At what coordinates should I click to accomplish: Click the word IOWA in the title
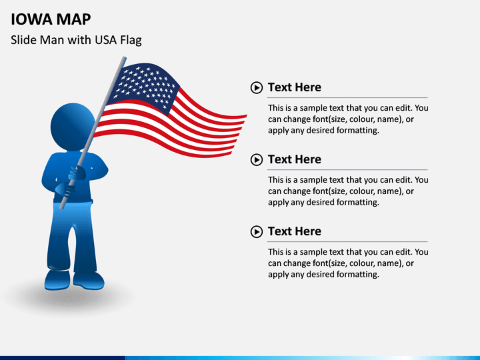tap(31, 19)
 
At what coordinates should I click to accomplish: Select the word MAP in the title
tap(73, 19)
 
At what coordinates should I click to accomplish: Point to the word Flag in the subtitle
tap(131, 41)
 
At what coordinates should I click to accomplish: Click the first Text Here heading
tap(295, 87)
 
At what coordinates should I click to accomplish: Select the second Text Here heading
tap(295, 159)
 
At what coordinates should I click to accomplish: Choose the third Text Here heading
tap(295, 231)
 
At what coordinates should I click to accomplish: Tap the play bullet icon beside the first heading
tap(257, 88)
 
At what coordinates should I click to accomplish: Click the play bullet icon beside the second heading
tap(257, 160)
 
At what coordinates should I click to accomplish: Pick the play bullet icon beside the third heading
tap(257, 232)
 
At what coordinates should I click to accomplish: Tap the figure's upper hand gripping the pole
tap(77, 173)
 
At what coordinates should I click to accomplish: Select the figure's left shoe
tap(57, 280)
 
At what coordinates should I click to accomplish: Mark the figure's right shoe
tap(89, 281)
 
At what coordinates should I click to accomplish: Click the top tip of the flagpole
tap(124, 57)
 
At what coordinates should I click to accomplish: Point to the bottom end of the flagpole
tap(61, 207)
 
